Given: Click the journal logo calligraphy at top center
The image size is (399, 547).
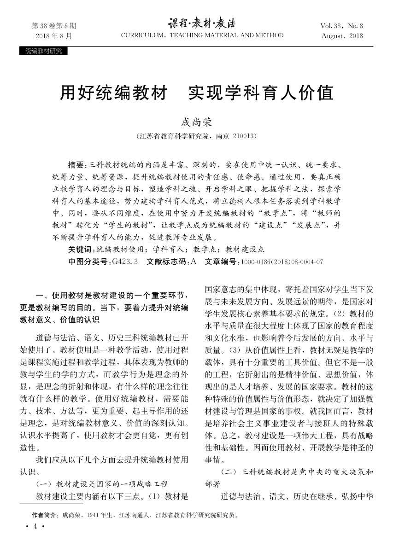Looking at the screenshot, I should click(x=202, y=23).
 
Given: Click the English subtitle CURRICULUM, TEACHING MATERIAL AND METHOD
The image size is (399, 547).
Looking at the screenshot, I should click(x=202, y=35).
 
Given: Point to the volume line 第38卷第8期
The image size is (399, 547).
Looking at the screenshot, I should click(x=54, y=26).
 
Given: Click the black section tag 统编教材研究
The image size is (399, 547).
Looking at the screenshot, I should click(x=43, y=51).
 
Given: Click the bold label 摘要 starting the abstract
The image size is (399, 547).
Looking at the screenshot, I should click(x=76, y=165).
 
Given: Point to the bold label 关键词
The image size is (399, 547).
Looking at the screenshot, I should click(x=80, y=250).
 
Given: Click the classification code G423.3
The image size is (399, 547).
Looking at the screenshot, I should click(x=125, y=262).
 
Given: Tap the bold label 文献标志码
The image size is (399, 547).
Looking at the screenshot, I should click(x=168, y=262).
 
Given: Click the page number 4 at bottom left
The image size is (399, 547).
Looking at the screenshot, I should click(x=35, y=527).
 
